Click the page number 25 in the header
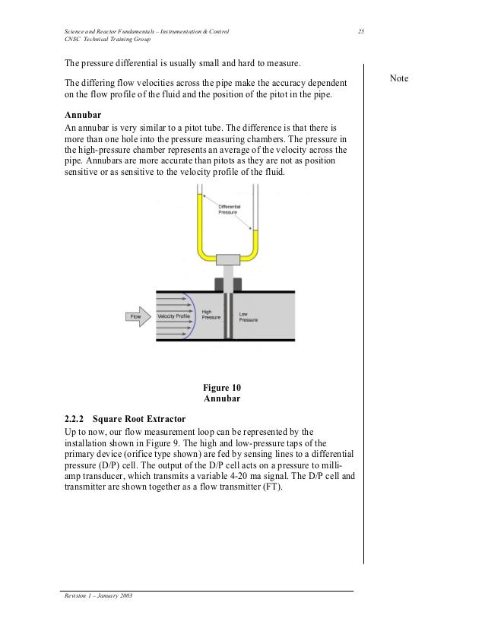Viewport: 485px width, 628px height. (x=361, y=30)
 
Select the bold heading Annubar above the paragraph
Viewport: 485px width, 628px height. (x=84, y=115)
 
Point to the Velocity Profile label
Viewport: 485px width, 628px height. (x=174, y=316)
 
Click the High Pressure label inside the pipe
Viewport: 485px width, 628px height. (x=210, y=314)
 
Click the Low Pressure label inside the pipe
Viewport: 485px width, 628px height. (x=249, y=316)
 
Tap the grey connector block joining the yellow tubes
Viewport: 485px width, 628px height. (x=228, y=259)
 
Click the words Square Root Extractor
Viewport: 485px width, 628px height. (x=142, y=418)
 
